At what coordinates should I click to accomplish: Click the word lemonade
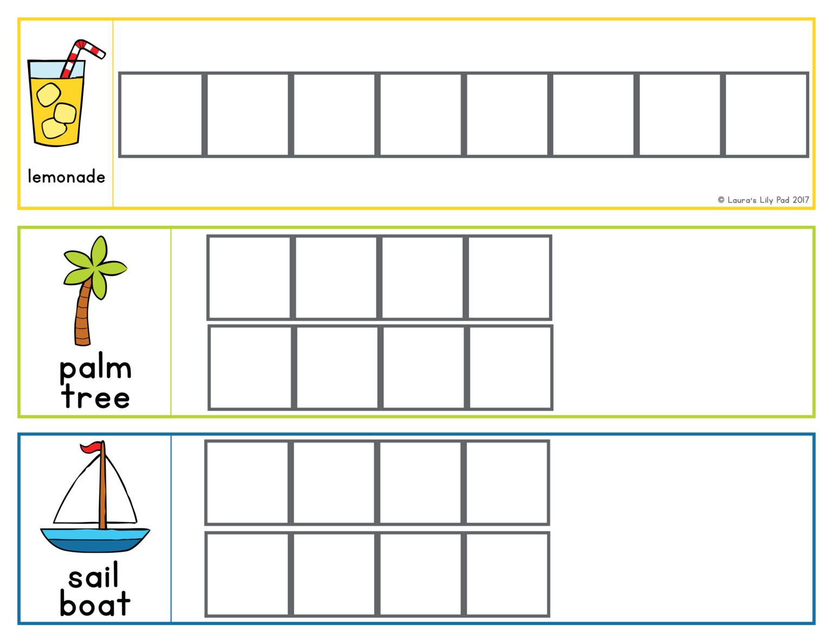tap(66, 176)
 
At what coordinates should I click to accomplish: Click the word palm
tap(95, 369)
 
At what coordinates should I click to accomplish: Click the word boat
tap(95, 603)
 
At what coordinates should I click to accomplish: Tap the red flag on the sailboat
tap(91, 448)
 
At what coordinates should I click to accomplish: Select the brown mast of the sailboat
tap(102, 488)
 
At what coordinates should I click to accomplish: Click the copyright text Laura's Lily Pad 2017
tap(763, 200)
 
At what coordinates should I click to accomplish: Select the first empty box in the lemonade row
tap(161, 114)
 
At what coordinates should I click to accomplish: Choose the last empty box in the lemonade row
tap(766, 114)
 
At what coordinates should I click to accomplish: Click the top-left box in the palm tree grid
tap(249, 277)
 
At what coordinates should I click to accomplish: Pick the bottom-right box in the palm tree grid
tap(510, 367)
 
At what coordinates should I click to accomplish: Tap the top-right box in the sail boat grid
tap(507, 482)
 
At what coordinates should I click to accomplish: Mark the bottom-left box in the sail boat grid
tap(248, 574)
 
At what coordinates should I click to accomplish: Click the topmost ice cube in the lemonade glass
tap(48, 94)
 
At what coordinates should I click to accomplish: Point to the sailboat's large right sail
tap(120, 496)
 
